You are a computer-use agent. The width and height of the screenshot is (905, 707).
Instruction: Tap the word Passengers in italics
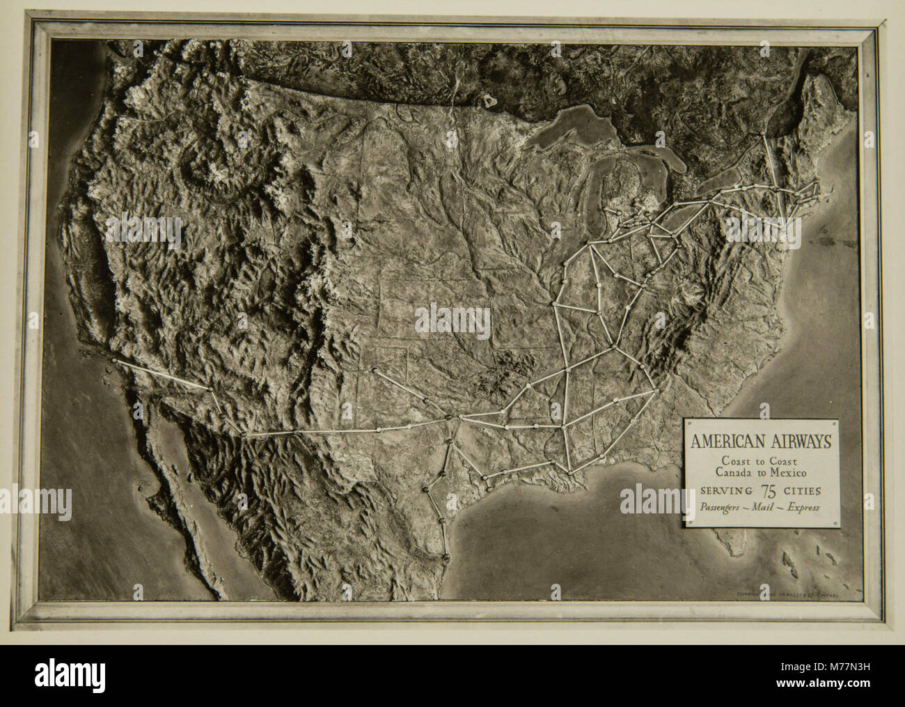coord(721,507)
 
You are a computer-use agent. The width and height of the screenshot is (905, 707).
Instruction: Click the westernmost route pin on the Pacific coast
coord(113,361)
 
